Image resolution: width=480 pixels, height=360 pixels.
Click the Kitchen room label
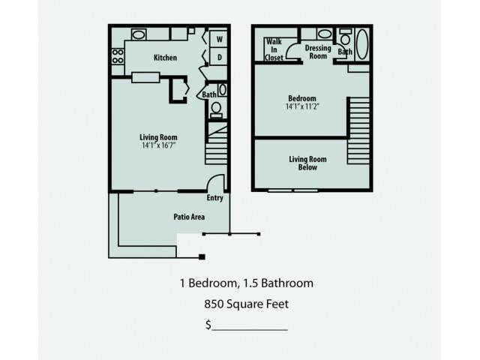point(165,58)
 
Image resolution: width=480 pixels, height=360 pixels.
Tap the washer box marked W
point(218,39)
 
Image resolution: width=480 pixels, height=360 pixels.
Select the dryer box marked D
point(218,56)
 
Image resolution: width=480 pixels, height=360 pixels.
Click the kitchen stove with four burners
point(118,56)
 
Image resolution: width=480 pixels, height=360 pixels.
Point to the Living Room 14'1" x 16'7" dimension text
point(158,145)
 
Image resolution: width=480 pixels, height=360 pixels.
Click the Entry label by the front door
point(215,198)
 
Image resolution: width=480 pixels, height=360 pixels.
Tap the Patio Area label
point(189,217)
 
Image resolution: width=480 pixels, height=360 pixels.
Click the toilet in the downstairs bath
point(217,109)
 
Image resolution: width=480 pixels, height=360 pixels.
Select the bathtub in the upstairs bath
point(362,44)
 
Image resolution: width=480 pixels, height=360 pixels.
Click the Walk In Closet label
point(274,49)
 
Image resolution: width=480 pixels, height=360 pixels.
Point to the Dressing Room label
point(318,52)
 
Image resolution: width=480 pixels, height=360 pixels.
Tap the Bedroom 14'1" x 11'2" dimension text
point(303,106)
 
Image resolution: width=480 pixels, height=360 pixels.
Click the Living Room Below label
point(307,163)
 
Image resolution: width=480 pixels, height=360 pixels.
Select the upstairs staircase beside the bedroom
point(358,130)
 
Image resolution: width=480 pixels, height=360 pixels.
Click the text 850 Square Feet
point(247,304)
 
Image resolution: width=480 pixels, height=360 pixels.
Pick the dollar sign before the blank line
point(208,325)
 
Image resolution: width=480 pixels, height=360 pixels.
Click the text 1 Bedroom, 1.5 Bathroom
point(247,283)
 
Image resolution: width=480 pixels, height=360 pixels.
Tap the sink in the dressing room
point(324,34)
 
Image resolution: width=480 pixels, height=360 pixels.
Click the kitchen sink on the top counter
point(139,34)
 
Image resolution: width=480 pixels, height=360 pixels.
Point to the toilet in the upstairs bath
point(346,37)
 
